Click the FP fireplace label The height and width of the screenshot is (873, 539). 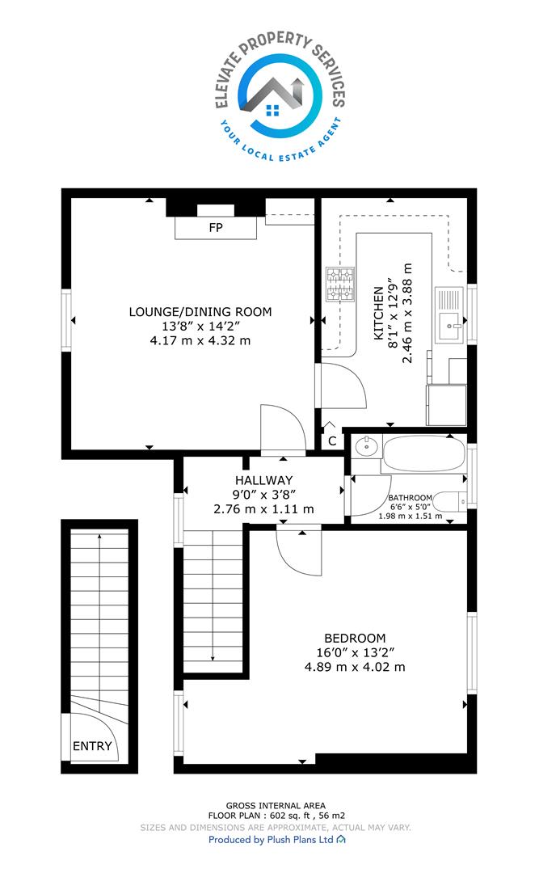pos(216,228)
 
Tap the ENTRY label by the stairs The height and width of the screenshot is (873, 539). pos(92,745)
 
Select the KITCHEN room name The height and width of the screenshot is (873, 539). pos(379,313)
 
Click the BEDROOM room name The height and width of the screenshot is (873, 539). pos(355,638)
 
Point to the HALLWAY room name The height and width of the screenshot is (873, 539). pos(263,480)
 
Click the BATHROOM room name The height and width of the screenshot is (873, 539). pos(410,498)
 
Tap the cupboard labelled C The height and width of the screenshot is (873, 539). pos(332,441)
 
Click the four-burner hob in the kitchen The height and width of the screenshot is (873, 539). pos(340,285)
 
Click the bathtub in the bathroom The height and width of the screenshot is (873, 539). pos(423,453)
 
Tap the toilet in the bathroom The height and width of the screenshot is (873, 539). pos(450,502)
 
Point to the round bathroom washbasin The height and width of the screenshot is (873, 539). pos(366,446)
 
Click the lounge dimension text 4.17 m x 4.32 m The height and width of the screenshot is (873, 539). pos(200,340)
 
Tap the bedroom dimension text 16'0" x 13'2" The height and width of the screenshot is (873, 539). pos(355,652)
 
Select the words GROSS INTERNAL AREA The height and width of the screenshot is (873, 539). pos(276,805)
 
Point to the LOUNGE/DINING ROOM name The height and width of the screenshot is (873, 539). pos(200,312)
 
